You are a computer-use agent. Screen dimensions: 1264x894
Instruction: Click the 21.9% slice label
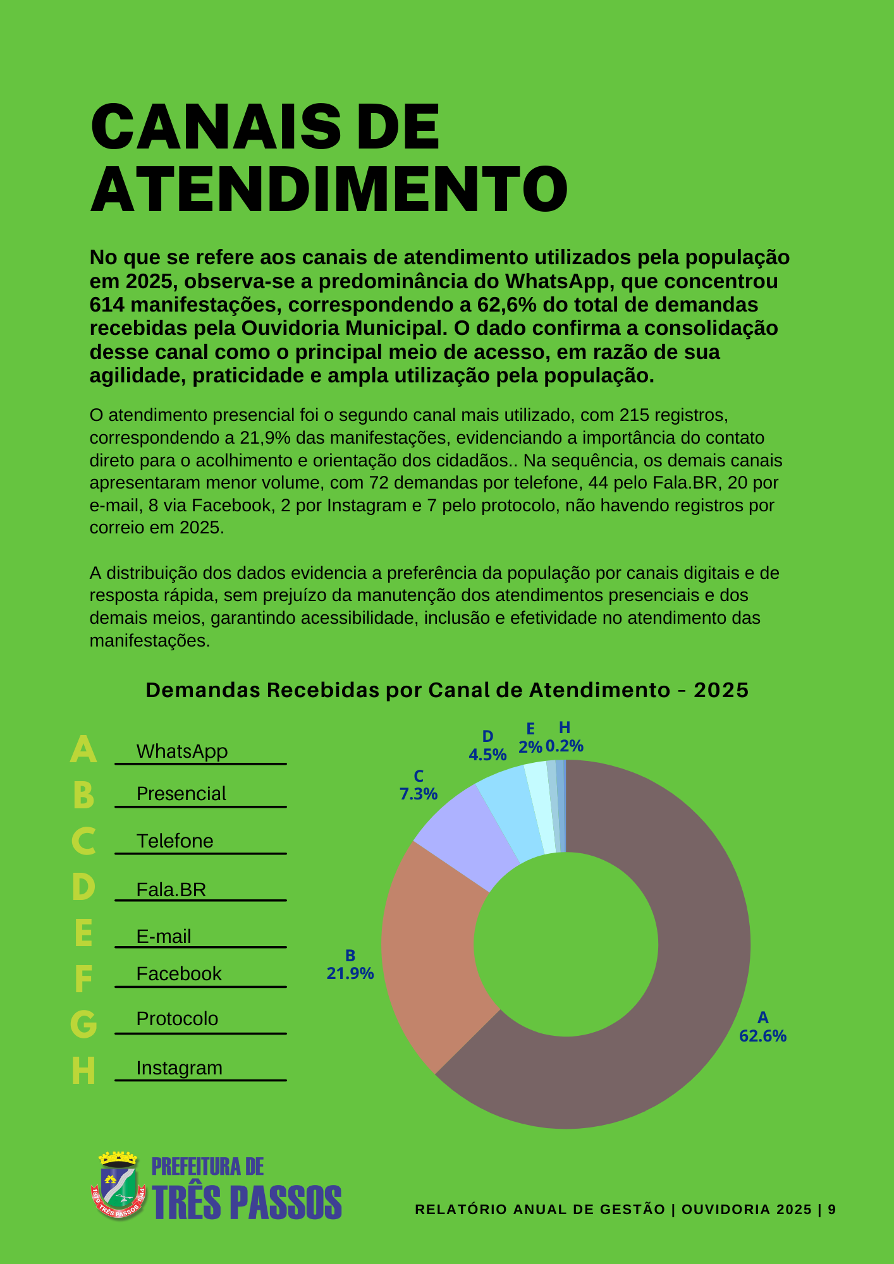coord(350,973)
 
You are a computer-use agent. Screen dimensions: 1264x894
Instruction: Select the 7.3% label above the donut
coord(418,794)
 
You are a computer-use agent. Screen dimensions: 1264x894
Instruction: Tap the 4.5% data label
coord(487,755)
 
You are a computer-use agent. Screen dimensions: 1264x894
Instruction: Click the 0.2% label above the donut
coord(564,746)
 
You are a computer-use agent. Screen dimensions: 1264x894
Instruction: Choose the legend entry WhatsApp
coord(182,751)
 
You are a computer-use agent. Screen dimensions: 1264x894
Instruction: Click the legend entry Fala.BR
coord(171,890)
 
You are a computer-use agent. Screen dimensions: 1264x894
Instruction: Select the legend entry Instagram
coord(180,1068)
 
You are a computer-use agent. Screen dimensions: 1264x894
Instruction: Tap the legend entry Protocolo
coord(177,1019)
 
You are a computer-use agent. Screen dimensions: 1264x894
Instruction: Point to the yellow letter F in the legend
coord(83,979)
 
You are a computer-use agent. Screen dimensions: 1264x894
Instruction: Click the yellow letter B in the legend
coord(83,795)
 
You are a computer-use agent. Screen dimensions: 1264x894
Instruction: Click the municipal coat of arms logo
coord(118,1186)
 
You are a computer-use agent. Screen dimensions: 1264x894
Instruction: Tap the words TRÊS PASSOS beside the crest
coord(247,1202)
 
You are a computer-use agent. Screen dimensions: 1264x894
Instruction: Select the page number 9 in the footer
coord(832,1210)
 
